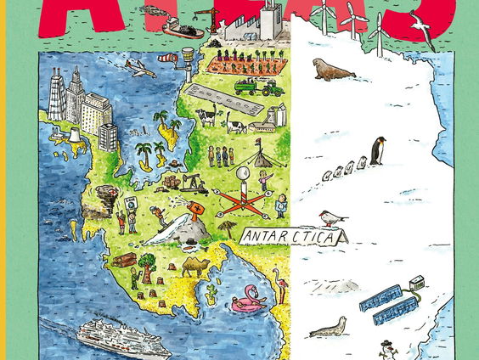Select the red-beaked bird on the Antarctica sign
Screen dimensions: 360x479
[333, 219]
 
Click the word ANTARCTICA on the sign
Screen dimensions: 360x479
[288, 236]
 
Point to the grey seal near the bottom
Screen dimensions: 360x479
[328, 327]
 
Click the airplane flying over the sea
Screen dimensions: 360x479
[139, 67]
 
